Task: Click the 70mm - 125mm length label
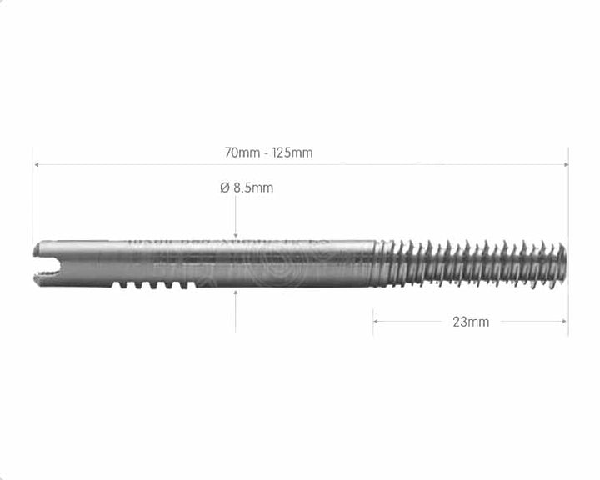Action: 268,152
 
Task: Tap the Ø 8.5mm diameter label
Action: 247,187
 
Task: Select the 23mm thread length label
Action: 471,322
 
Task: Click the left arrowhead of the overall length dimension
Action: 36,164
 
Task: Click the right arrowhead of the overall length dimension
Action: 565,164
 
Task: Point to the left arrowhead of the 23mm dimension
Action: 376,321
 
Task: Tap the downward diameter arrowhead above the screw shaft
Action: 236,236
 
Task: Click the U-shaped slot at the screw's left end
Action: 47,265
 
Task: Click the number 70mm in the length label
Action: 240,152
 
